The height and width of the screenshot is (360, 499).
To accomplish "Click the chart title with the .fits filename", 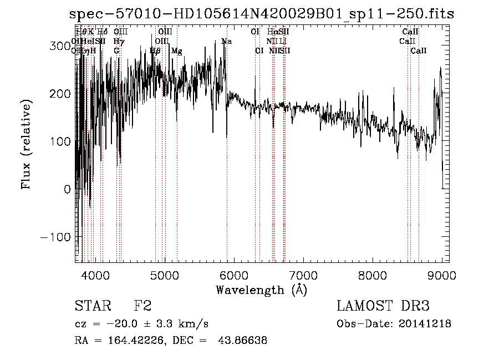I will [262, 14].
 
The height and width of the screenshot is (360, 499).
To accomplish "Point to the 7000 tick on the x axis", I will [303, 275].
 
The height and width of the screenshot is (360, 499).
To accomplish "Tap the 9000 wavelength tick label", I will [442, 275].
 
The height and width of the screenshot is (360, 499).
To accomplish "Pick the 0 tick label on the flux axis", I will [67, 189].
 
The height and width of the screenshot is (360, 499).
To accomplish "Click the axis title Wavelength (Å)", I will [261, 290].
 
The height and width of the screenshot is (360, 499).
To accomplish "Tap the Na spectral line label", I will [226, 42].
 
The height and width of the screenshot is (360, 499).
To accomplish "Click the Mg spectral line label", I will [176, 51].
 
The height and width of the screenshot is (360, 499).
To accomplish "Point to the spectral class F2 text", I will [142, 306].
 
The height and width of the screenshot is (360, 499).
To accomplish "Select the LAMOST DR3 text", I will [383, 306].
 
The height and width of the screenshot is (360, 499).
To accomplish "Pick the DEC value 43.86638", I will [243, 341].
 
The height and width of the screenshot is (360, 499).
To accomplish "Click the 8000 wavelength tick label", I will [372, 275].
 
